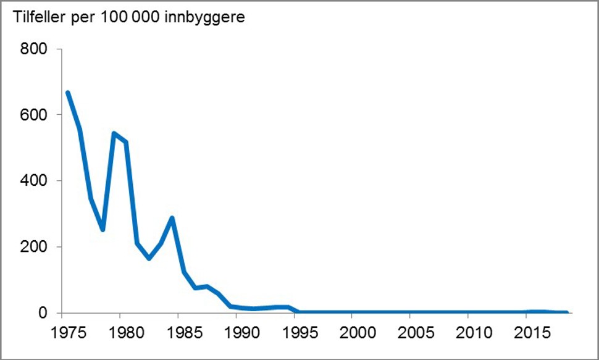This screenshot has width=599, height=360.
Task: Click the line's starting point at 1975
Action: (68, 93)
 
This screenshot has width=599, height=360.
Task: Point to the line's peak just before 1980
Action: (114, 133)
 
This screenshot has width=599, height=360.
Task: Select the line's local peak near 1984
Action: (172, 218)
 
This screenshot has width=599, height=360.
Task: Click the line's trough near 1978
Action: (103, 230)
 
